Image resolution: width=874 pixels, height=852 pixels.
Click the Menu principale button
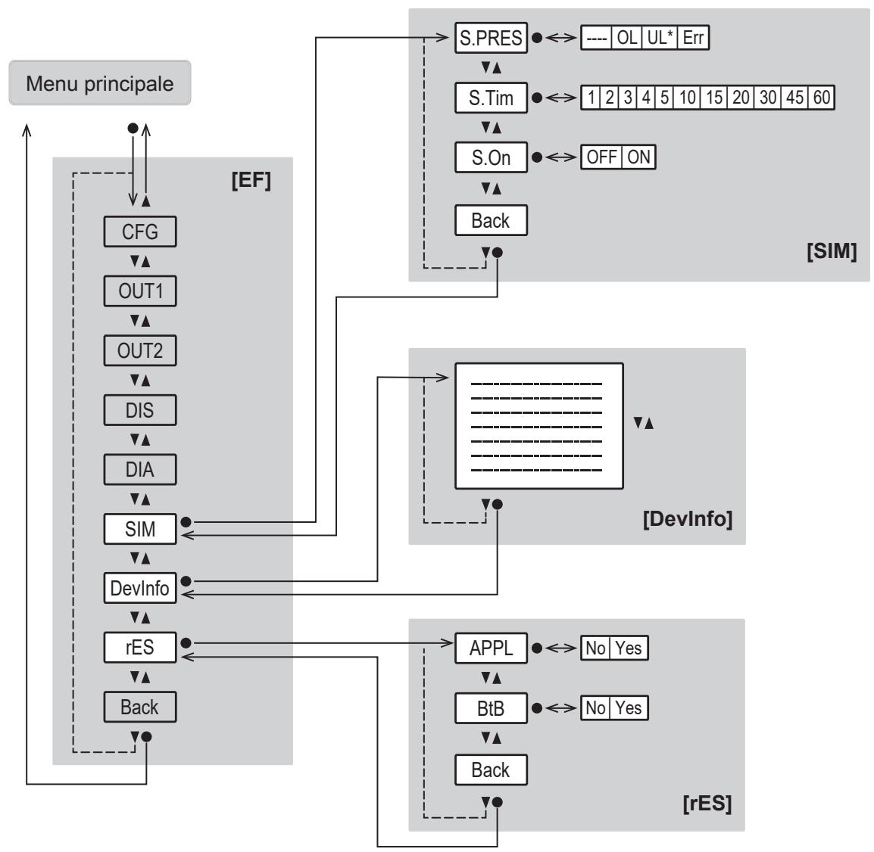(100, 83)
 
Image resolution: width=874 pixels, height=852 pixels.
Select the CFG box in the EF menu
(140, 232)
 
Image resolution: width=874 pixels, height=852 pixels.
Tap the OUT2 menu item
(140, 351)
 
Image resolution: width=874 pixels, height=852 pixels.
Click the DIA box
(140, 469)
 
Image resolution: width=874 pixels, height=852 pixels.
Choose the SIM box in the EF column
(140, 529)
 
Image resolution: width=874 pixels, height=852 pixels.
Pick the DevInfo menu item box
(140, 588)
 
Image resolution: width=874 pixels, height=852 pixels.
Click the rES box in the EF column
(140, 648)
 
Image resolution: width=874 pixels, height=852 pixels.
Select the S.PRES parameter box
(491, 38)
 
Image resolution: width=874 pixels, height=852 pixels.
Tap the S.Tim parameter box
(491, 98)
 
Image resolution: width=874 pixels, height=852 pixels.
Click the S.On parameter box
(491, 157)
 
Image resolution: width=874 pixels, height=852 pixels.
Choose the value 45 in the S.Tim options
(794, 98)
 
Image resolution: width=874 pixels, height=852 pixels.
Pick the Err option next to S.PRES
(694, 38)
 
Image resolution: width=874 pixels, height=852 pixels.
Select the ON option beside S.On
(638, 157)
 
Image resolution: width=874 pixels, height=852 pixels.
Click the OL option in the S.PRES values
(627, 38)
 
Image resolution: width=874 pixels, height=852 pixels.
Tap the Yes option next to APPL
(629, 648)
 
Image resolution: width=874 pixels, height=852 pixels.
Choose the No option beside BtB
(595, 708)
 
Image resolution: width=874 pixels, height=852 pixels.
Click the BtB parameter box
(491, 708)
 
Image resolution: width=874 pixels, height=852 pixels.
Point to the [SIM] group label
(832, 251)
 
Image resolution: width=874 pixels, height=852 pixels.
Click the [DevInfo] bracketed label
(688, 519)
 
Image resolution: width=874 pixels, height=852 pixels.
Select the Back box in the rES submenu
(491, 770)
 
